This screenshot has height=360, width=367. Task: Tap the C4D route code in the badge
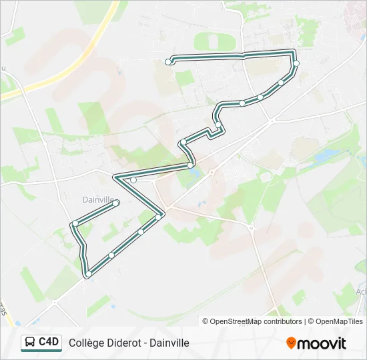click(49, 342)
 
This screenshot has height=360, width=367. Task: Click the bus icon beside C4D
click(31, 343)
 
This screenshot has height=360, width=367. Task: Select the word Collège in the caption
click(86, 343)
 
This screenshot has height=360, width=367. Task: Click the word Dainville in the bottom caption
click(169, 343)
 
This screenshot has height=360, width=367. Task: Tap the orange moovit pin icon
click(291, 343)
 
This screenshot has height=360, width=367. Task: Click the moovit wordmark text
click(322, 343)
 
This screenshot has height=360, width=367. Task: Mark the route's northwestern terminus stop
click(168, 62)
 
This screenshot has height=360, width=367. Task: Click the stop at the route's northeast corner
click(296, 63)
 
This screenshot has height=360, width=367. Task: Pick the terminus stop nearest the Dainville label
click(116, 202)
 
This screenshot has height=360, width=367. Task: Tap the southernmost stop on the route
click(88, 273)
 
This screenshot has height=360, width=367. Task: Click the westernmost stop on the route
click(76, 223)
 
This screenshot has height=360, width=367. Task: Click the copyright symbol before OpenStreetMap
click(206, 321)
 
